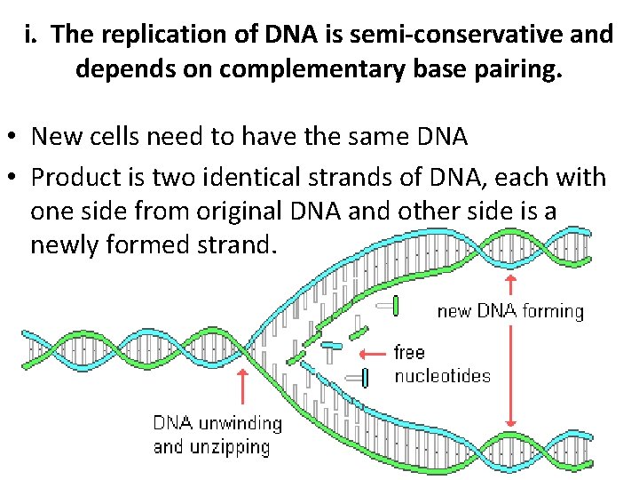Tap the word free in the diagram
coord(410,352)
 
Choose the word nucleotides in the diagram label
coord(441,375)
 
